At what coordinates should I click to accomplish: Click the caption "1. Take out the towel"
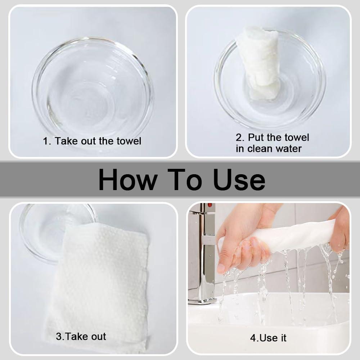(x=92, y=141)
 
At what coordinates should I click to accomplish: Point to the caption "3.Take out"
(x=81, y=337)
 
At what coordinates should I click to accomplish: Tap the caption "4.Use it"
(x=268, y=338)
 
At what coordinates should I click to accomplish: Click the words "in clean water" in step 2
(x=269, y=148)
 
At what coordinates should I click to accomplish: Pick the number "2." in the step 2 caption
(x=240, y=138)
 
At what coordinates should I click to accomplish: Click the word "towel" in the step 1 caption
(x=128, y=141)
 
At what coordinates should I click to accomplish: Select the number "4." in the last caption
(x=254, y=338)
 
